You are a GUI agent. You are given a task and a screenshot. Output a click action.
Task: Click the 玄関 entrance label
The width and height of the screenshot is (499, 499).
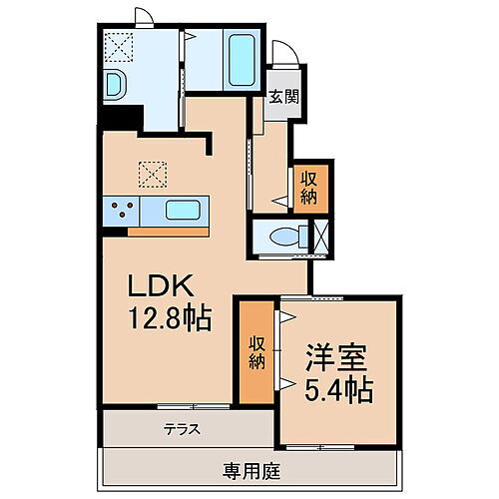click(281, 97)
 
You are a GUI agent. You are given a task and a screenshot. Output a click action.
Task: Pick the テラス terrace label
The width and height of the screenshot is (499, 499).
click(183, 431)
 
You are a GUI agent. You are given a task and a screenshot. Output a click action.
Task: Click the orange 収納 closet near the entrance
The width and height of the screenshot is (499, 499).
click(308, 185)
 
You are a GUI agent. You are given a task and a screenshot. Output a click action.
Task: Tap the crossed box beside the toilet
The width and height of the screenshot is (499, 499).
click(321, 237)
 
